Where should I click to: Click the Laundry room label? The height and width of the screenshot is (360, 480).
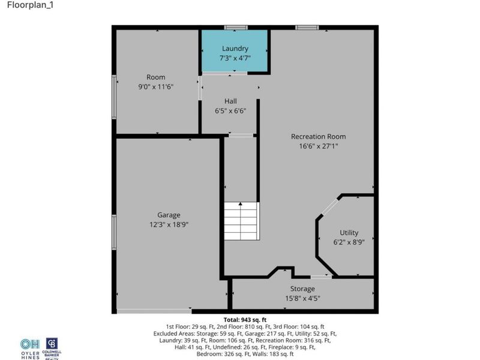235,49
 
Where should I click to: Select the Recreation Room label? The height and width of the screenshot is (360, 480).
318,136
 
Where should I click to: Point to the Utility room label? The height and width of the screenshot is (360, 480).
349,233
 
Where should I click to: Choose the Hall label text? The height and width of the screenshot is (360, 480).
231,101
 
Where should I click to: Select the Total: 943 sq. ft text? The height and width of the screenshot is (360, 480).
245,320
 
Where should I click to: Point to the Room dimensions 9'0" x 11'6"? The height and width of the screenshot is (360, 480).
155,86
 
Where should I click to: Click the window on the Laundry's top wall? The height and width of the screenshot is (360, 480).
235,27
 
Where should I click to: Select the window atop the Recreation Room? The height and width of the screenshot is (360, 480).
307,27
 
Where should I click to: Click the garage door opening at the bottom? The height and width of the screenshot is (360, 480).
154,311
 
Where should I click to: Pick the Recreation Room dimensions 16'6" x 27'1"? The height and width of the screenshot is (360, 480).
318,146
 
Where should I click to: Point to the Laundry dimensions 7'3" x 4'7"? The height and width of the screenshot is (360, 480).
235,58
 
